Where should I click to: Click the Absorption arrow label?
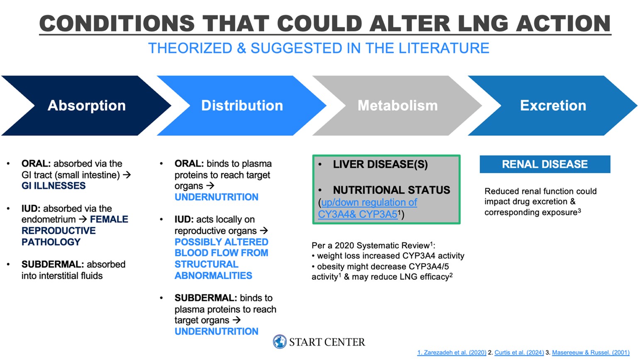tap(87, 105)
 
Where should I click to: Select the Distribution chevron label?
tap(242, 105)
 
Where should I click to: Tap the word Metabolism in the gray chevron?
tap(398, 105)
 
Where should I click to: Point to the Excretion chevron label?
tap(553, 105)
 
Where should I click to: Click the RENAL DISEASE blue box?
tap(545, 164)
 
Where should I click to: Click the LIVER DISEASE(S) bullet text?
tap(380, 164)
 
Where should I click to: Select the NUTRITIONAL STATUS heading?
tap(391, 190)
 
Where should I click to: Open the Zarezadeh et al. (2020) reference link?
tap(452, 353)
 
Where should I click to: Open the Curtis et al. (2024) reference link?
tap(519, 353)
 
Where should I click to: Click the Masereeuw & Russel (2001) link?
tap(591, 353)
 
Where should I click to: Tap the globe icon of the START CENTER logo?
tap(280, 342)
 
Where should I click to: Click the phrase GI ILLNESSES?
tap(54, 186)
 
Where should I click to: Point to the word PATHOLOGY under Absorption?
tap(51, 242)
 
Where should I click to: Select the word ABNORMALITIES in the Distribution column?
tap(213, 276)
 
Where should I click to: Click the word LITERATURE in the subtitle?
tap(444, 48)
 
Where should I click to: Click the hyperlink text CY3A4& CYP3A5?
tap(358, 214)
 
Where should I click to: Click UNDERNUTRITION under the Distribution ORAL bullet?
tap(217, 197)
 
